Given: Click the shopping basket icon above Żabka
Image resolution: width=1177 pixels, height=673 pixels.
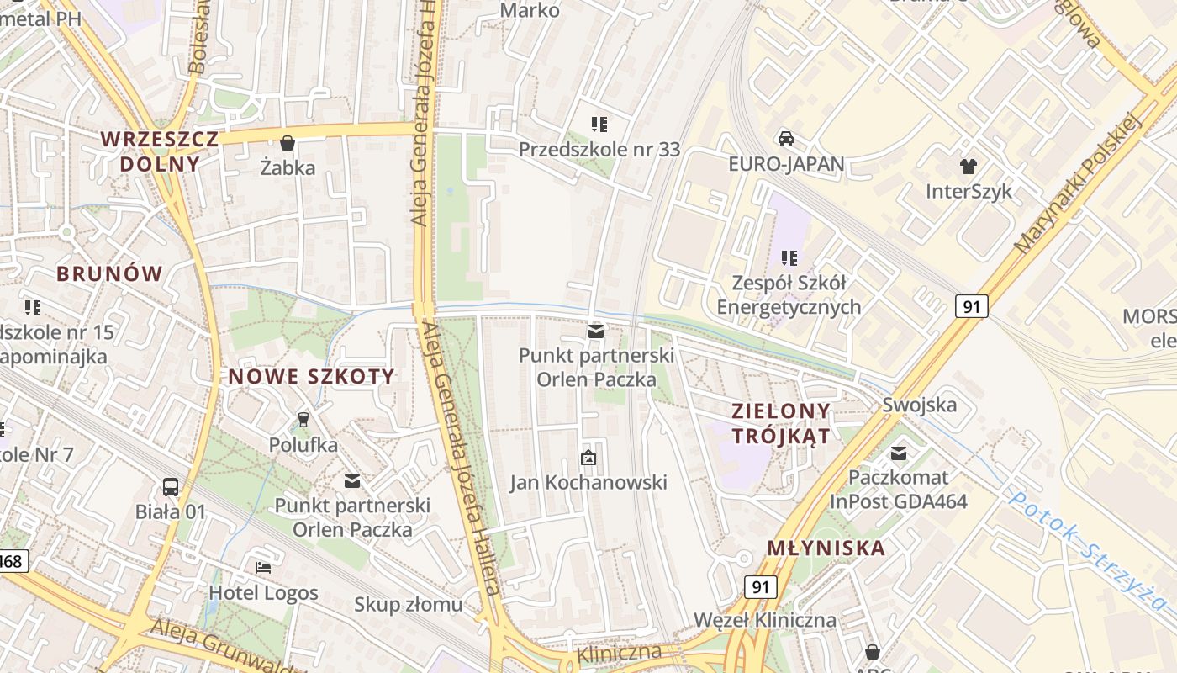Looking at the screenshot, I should [288, 143].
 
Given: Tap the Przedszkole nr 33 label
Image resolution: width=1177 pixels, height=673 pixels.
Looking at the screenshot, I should [599, 150].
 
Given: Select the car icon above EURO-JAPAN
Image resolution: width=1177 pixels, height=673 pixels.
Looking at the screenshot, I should [786, 139].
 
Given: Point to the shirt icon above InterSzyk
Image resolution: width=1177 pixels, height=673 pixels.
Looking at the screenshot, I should [969, 167].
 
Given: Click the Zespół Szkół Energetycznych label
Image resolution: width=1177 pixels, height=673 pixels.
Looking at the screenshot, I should [789, 294].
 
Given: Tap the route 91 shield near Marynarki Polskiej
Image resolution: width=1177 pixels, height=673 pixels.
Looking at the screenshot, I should [971, 306].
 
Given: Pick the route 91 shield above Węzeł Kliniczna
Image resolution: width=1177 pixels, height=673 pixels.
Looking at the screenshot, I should [760, 586].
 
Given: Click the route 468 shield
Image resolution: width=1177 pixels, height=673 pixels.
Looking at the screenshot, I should [13, 560].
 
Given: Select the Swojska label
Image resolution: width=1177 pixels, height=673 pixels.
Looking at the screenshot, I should [919, 405].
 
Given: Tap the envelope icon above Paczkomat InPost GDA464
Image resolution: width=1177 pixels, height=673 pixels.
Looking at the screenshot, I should [899, 454].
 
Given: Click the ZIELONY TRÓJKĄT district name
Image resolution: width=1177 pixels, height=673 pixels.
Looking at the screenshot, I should [781, 423].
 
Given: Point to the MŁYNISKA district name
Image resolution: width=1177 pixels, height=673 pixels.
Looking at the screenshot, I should [826, 548].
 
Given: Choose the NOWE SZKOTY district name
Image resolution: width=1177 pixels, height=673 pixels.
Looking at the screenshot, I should [311, 377].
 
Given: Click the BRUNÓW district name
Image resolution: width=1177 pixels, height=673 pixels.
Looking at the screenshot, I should [109, 273].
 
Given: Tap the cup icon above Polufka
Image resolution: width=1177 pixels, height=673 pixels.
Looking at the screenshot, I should [303, 419].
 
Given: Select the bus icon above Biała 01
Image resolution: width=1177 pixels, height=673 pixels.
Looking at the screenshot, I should [171, 486].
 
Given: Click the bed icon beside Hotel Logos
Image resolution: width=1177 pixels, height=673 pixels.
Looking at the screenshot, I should [263, 568].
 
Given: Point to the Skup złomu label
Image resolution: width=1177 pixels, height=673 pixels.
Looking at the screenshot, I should [408, 604].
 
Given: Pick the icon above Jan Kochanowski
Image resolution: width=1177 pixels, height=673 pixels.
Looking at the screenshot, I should [588, 458].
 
